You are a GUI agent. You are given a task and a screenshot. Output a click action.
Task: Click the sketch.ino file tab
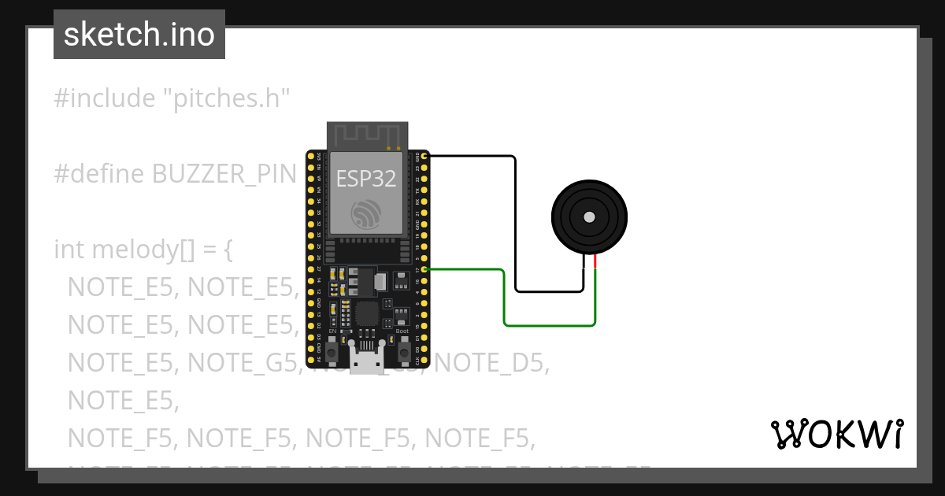(x=139, y=35)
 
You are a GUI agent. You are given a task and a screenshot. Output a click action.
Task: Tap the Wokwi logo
(x=836, y=434)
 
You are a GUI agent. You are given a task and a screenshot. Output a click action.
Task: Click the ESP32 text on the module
(x=366, y=179)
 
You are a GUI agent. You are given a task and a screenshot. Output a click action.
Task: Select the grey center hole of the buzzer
(x=589, y=217)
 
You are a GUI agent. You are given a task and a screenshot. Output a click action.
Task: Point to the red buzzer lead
(x=595, y=262)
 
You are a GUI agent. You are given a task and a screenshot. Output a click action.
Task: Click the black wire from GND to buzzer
(x=516, y=228)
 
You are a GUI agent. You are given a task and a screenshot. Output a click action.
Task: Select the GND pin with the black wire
(x=425, y=157)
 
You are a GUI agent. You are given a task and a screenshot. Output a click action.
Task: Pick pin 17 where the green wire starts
(x=425, y=270)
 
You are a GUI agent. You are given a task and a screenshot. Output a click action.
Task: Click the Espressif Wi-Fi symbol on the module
(x=368, y=214)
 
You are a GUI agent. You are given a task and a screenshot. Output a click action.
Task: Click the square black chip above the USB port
(x=366, y=313)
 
